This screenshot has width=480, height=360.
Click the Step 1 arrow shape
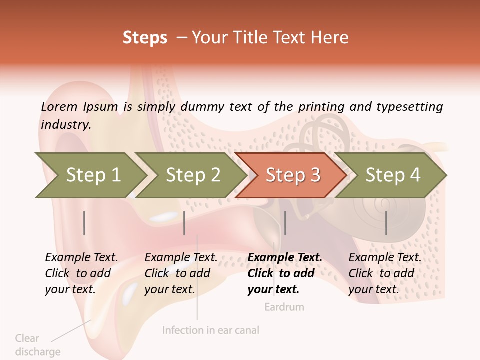point(92,175)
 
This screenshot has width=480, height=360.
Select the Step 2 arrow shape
point(192,175)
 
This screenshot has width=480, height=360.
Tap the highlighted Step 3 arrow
point(292,175)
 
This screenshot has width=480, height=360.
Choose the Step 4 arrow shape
point(392,175)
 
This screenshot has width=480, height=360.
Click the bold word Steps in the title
point(145,37)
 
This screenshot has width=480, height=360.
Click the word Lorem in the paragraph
point(59,106)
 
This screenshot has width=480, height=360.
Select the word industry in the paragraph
point(65,124)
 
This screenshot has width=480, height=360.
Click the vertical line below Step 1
point(84,223)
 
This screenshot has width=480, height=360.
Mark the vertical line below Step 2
point(184,223)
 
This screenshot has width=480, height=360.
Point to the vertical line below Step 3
point(285,223)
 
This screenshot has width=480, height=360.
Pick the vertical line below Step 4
point(386,223)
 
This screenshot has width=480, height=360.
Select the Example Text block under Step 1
point(81,273)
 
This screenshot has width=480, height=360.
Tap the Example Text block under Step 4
point(384,273)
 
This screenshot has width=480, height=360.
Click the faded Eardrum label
point(284,307)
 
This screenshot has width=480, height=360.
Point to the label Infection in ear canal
point(211,330)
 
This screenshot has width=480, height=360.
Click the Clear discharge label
point(37,345)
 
